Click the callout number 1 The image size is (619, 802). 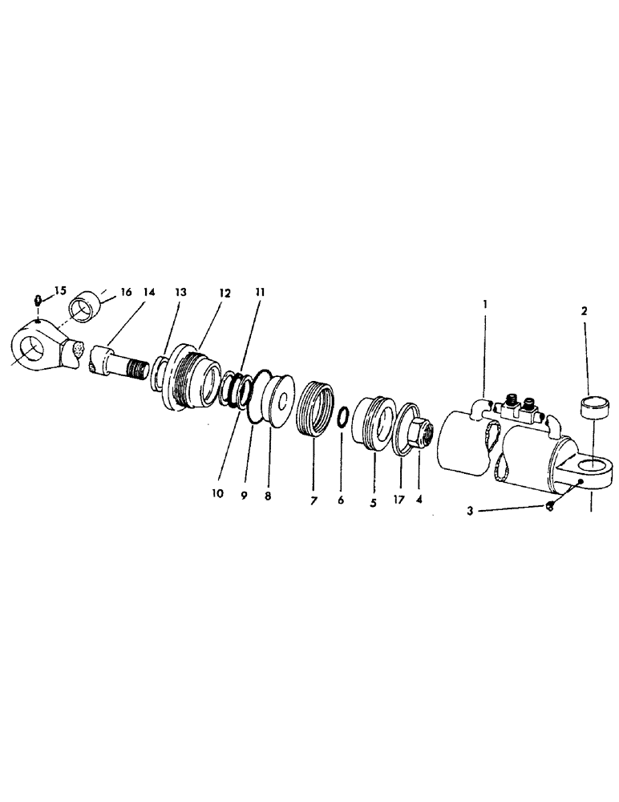coord(485,306)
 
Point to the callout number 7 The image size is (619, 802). coord(314,500)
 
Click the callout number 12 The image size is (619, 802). coord(224,294)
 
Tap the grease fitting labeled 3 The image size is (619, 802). coord(548,505)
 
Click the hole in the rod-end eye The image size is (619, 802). coord(33,350)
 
